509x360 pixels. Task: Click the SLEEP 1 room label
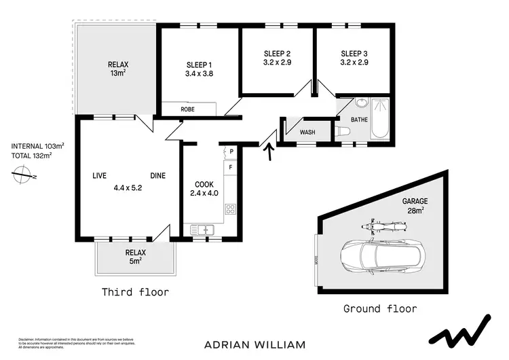coord(200,65)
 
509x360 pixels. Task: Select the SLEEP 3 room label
coord(354,54)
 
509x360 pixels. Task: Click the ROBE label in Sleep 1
coord(187,109)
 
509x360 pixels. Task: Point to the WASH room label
coord(307,132)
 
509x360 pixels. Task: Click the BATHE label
coord(358,120)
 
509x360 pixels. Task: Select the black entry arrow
coord(270,150)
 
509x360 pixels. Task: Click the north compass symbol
coord(24,176)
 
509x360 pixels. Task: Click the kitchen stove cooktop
coord(230,209)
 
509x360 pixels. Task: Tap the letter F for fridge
coord(231,166)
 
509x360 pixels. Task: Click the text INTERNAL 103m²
coord(38,146)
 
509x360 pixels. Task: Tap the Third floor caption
coord(135,293)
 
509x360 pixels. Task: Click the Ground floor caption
coord(380,308)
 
